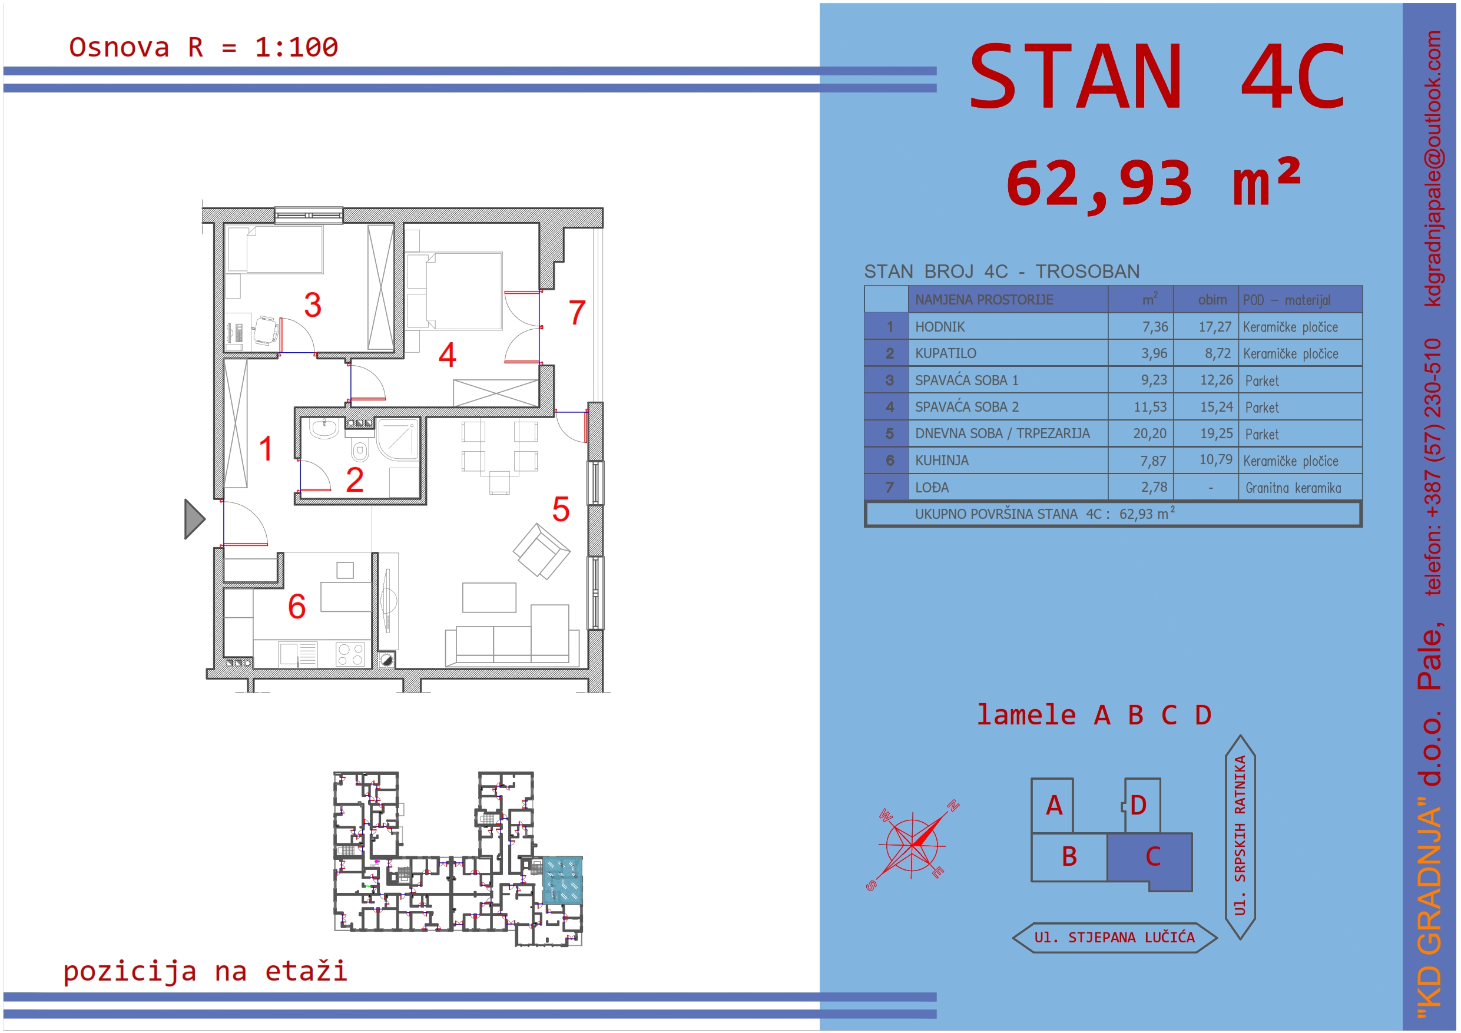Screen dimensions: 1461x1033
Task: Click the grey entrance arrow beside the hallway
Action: (193, 519)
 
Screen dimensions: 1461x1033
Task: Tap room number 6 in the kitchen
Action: (297, 606)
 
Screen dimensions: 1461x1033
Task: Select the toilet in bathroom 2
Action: (360, 451)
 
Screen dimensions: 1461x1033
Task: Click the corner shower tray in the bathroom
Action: (397, 439)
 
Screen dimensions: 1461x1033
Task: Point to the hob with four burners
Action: (350, 654)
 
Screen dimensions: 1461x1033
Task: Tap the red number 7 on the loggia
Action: (577, 313)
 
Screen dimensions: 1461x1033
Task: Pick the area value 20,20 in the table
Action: (1149, 433)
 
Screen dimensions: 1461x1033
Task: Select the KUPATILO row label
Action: (945, 353)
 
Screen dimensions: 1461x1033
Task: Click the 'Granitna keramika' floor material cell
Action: (1293, 488)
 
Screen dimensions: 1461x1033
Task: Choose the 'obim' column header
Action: (1212, 300)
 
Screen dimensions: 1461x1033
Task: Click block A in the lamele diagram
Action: (1053, 805)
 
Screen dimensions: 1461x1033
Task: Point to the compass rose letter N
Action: (953, 806)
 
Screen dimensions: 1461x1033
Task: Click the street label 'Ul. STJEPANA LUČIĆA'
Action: (1114, 938)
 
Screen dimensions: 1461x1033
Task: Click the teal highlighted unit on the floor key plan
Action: (562, 880)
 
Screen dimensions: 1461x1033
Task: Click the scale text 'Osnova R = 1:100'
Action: (204, 47)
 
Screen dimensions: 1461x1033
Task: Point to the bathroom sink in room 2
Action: (324, 428)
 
